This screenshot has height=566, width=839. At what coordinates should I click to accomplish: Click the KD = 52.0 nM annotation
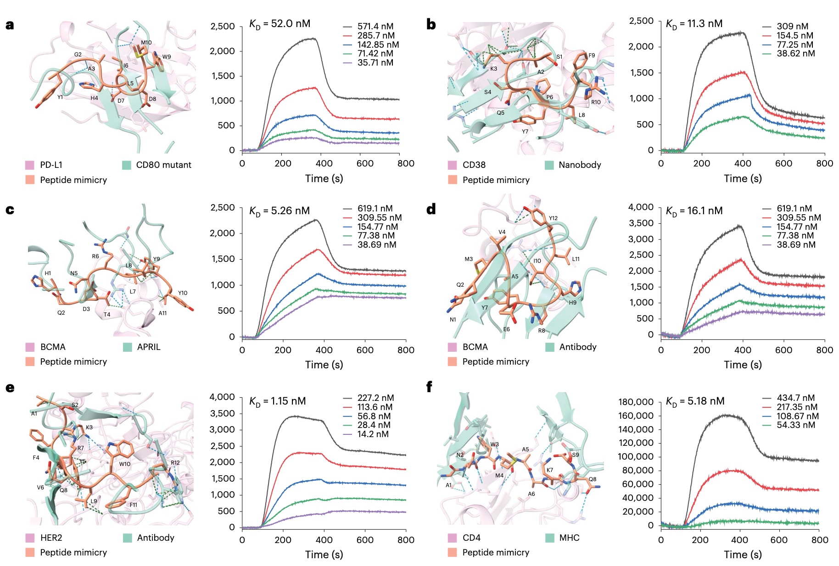pyautogui.click(x=280, y=24)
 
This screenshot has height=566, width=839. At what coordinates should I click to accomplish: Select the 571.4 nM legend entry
pyautogui.click(x=375, y=27)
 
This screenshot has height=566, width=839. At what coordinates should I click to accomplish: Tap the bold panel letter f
pyautogui.click(x=429, y=387)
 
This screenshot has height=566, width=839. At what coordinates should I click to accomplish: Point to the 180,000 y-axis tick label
pyautogui.click(x=636, y=402)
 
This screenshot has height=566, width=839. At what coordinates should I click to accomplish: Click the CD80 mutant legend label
pyautogui.click(x=163, y=165)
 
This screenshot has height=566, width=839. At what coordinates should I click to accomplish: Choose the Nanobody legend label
pyautogui.click(x=580, y=165)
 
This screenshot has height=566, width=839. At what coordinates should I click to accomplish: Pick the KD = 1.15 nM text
pyautogui.click(x=277, y=401)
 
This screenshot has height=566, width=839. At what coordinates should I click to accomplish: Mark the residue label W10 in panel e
pyautogui.click(x=125, y=464)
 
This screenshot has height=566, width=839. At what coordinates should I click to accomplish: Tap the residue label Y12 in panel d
pyautogui.click(x=553, y=218)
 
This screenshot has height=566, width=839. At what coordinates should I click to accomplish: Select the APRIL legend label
pyautogui.click(x=149, y=347)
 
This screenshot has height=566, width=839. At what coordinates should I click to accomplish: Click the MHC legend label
pyautogui.click(x=569, y=538)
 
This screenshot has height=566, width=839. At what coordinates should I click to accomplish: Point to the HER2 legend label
pyautogui.click(x=51, y=538)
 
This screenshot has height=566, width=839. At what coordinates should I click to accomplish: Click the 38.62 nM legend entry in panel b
pyautogui.click(x=795, y=54)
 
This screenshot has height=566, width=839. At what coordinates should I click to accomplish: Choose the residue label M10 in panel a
pyautogui.click(x=146, y=43)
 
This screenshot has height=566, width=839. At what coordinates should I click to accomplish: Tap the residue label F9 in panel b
pyautogui.click(x=592, y=55)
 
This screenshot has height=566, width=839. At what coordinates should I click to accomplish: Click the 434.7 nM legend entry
pyautogui.click(x=795, y=398)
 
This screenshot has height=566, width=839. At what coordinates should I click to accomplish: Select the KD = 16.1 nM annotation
pyautogui.click(x=694, y=211)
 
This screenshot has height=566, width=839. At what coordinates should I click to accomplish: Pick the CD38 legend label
pyautogui.click(x=474, y=165)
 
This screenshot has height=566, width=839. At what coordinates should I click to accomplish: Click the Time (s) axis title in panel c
pyautogui.click(x=324, y=365)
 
